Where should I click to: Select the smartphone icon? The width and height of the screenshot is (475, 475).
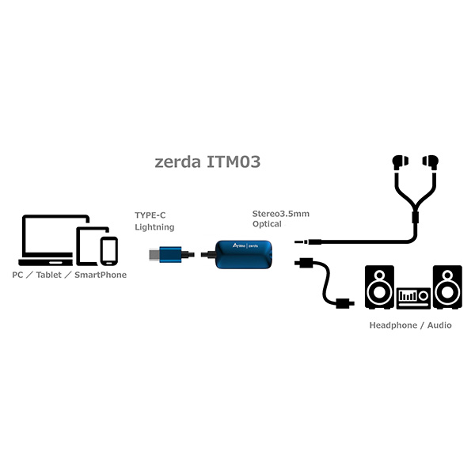tap(108, 251)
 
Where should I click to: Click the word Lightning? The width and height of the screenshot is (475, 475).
tap(155, 227)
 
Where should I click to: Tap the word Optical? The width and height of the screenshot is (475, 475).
tap(268, 225)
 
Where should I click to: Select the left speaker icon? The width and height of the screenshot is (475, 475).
tap(379, 287)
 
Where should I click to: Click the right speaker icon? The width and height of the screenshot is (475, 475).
tap(447, 287)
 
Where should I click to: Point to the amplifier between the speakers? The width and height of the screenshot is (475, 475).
tap(413, 296)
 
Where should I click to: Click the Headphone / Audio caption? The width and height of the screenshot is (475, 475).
tap(410, 325)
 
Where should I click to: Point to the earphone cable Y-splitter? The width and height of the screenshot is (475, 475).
tap(414, 215)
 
